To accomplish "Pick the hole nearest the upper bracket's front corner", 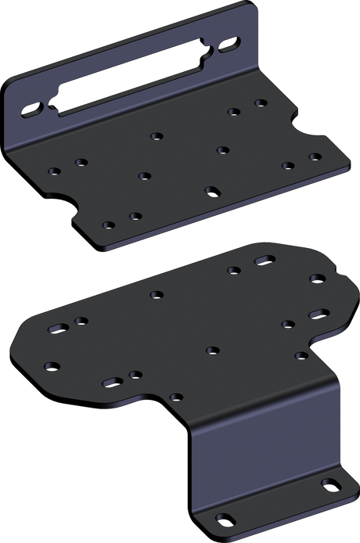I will [107, 225].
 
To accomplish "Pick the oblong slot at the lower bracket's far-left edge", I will [56, 329].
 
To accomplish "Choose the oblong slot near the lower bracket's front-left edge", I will [111, 382].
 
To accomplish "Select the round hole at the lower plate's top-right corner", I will [316, 278].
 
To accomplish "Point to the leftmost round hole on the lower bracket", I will [52, 365].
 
